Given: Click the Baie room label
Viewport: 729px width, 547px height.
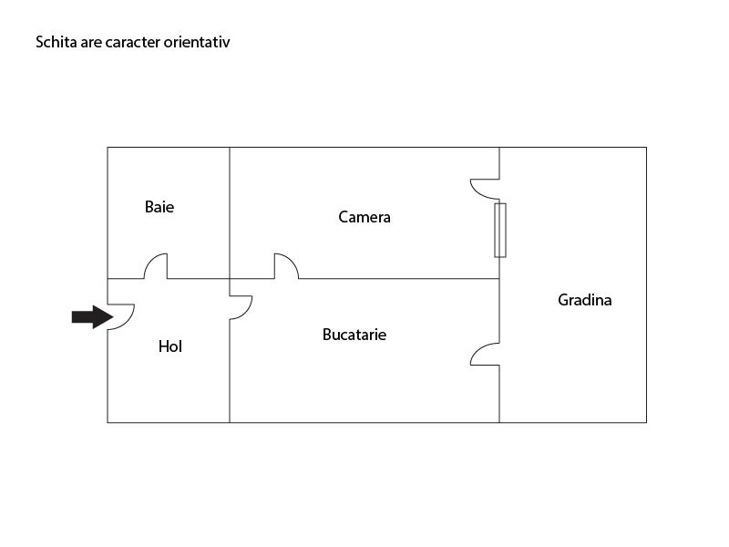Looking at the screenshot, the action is (x=159, y=207).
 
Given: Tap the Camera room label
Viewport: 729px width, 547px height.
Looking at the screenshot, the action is (x=364, y=217).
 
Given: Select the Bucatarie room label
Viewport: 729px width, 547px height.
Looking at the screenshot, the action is (x=354, y=335).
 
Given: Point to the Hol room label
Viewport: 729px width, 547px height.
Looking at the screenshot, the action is (x=170, y=346).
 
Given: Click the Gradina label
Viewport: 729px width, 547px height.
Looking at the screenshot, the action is (x=585, y=300).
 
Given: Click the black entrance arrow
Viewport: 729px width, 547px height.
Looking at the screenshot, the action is (x=93, y=317).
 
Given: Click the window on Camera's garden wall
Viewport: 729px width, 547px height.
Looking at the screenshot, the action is (x=500, y=230).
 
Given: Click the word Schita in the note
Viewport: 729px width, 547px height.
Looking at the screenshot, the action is (x=56, y=42).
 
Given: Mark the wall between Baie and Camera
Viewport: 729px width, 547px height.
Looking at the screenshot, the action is (x=230, y=213).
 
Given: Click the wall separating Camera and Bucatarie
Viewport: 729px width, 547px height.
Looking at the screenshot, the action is (x=399, y=279).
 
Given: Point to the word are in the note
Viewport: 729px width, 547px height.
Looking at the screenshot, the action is (x=91, y=43).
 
